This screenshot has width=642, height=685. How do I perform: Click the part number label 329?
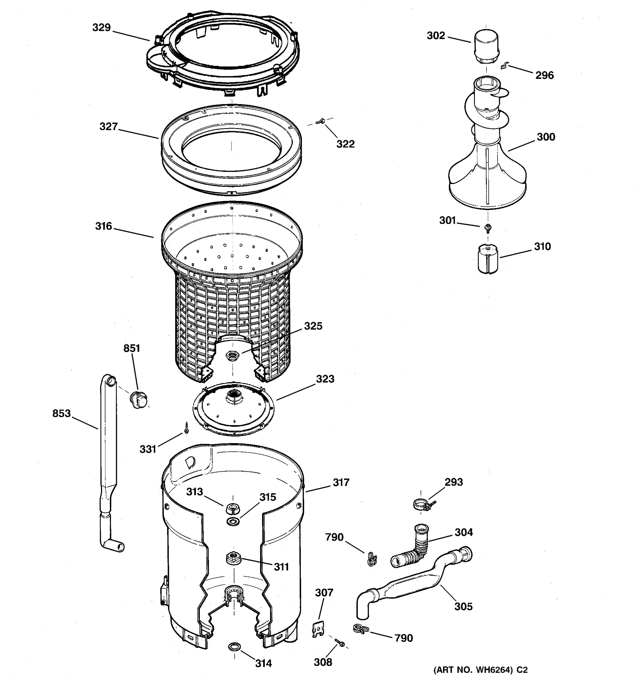101,28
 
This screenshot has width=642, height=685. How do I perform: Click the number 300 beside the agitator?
546,137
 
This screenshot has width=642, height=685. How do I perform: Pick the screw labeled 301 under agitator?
488,227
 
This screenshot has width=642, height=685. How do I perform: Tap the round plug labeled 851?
139,399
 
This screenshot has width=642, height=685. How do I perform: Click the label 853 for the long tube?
61,413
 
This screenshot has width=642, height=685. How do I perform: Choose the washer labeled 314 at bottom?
235,647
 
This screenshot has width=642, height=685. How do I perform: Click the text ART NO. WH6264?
480,670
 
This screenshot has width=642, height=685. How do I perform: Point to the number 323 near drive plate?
325,379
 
